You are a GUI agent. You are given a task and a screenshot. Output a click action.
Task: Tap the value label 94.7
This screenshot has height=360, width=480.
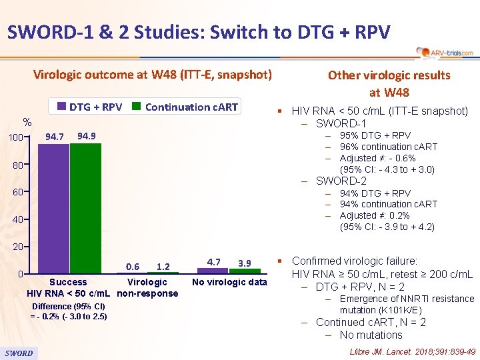point(54,137)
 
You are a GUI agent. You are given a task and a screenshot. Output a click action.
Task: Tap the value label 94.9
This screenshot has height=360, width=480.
point(87,136)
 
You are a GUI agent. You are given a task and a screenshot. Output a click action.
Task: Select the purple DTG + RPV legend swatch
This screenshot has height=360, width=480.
point(61,107)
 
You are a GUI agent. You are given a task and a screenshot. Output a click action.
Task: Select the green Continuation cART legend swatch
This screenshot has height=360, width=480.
point(136,107)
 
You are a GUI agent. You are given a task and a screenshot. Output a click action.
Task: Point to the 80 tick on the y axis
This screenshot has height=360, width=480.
point(24,165)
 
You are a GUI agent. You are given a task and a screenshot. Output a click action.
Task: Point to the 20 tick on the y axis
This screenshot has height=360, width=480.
point(24,247)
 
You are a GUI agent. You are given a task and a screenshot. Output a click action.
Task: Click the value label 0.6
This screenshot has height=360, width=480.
point(132,267)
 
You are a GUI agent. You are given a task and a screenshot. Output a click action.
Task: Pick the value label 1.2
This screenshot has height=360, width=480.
point(163,267)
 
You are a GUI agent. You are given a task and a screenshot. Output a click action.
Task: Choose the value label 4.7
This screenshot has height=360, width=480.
point(214,263)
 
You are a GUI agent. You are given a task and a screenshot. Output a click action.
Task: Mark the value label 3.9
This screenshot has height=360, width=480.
point(245,263)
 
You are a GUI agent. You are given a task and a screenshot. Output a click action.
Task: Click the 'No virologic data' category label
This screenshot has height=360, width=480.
point(229,282)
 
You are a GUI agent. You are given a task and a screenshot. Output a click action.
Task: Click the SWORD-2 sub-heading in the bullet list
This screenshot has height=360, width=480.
point(341,181)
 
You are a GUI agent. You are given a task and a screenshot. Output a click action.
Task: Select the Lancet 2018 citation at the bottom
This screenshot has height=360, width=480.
point(412,351)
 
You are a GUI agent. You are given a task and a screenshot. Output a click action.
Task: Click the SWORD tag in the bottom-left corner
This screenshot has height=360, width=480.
point(19,353)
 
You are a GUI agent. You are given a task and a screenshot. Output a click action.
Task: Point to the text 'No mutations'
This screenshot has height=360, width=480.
point(371,335)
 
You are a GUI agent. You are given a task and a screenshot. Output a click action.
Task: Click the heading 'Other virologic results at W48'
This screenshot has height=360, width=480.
point(389,83)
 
